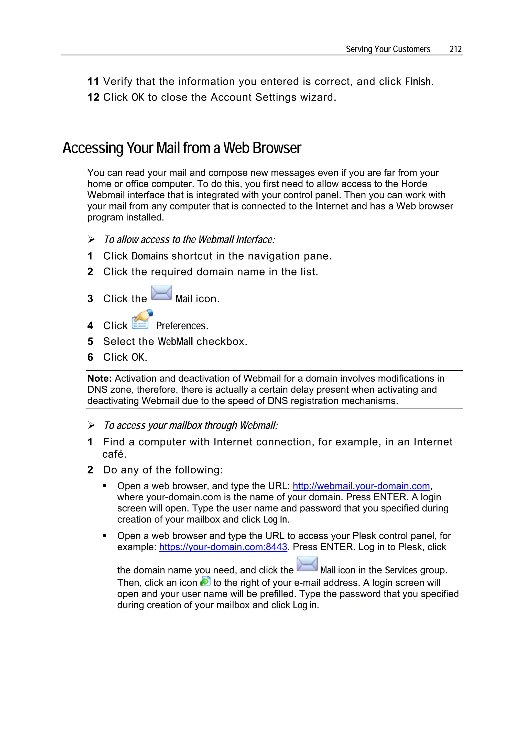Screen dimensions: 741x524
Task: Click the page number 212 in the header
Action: pos(455,49)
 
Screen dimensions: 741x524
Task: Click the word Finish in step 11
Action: pos(418,82)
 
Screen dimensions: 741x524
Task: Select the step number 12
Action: pos(93,97)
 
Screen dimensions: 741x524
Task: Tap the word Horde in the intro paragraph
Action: pos(414,184)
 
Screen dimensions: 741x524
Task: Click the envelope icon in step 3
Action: pos(161,293)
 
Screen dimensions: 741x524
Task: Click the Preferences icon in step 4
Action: pos(141,319)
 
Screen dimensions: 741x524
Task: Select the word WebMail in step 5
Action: pos(175,341)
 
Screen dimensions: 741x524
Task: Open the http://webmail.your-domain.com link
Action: pos(361,486)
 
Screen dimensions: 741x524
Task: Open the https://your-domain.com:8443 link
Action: pos(223,547)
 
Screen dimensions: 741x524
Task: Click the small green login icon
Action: pos(205,581)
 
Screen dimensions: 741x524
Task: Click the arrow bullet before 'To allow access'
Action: pos(91,239)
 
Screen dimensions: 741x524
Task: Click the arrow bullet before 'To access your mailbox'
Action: pos(91,425)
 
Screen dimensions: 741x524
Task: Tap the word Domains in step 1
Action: pos(150,256)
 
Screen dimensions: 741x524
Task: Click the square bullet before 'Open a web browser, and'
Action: pos(104,486)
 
